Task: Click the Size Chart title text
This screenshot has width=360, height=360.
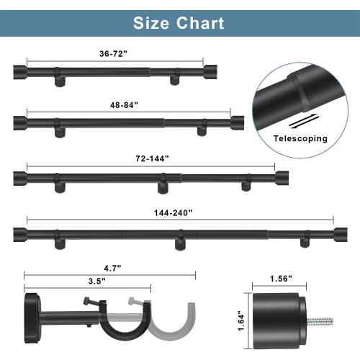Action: [x=179, y=22]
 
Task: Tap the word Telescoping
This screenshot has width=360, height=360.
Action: [x=300, y=138]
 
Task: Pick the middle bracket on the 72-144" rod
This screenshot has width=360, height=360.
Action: [x=163, y=186]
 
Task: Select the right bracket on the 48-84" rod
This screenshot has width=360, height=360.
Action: [x=202, y=130]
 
